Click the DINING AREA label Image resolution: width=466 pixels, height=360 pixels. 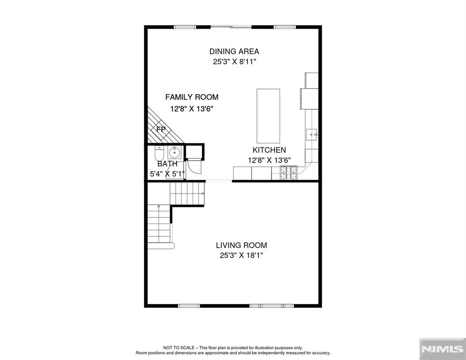[234, 52]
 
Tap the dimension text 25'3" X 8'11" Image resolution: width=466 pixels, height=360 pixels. [234, 62]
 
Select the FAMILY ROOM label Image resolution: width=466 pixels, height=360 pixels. [191, 97]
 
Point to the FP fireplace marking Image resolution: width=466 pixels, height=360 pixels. [161, 129]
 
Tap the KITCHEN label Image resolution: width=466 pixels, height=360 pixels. [269, 150]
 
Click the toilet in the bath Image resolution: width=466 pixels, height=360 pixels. [158, 153]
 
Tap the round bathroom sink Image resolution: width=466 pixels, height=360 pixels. [174, 151]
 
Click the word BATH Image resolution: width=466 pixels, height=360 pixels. [167, 164]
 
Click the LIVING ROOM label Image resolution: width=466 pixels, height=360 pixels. [241, 245]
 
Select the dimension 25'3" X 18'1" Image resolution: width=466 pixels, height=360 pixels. [241, 255]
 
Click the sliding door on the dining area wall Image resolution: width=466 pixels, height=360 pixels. [230, 27]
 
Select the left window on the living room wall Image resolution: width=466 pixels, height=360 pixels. [190, 306]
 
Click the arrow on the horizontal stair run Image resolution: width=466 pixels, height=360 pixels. [202, 193]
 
